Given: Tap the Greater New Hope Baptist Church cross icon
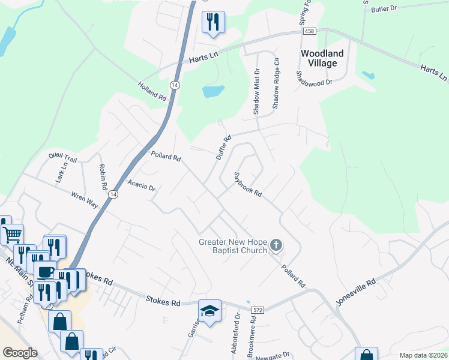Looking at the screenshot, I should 276,244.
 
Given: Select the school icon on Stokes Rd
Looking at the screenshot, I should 209,311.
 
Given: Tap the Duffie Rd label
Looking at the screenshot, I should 223,148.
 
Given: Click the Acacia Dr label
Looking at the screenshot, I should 141,185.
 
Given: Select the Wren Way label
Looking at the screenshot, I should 85,200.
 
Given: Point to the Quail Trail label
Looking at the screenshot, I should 63,157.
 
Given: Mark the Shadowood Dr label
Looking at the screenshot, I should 314,78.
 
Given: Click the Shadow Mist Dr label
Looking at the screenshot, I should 256,92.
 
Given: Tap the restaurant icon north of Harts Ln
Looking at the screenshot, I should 213,22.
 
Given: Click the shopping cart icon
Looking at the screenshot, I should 13,234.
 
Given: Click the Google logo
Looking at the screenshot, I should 20,353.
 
